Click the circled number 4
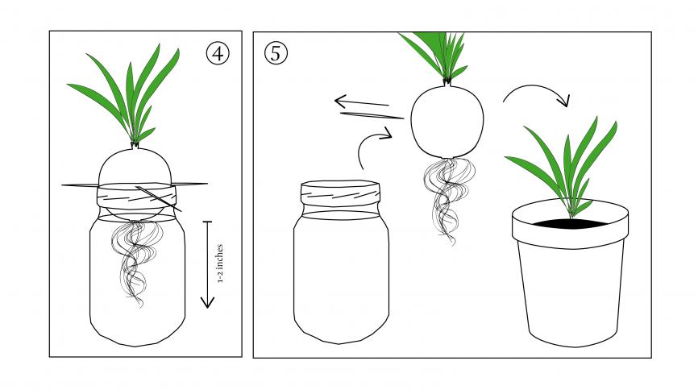pos(218,54)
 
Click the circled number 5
pos(276,53)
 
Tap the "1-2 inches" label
pos(220,264)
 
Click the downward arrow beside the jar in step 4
pos(207,264)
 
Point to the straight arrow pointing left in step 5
pos(361,103)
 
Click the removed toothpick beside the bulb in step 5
pos(372,116)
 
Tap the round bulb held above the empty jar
pos(447,121)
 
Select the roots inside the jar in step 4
pos(135,263)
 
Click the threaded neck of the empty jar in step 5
pos(341,194)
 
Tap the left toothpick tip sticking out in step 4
pos(62,185)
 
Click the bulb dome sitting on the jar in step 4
pos(135,167)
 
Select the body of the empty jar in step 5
pos(341,276)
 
